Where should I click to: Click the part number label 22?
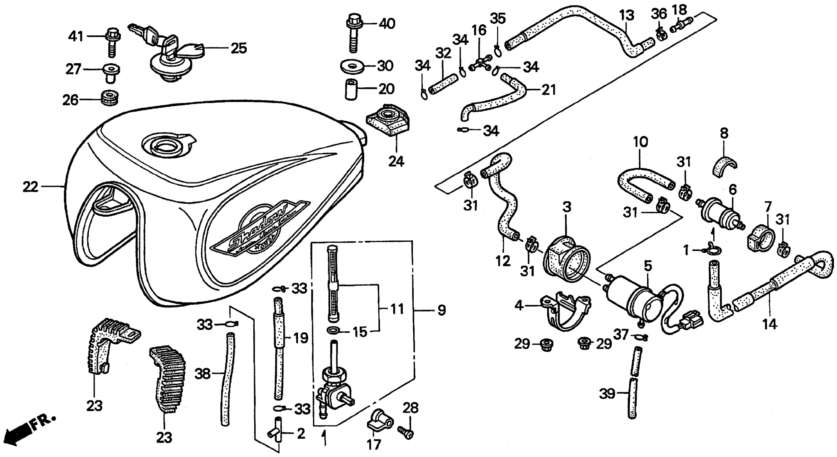click(30, 187)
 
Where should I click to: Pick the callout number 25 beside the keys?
click(239, 48)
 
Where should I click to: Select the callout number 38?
click(203, 374)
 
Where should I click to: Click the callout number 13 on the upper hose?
click(626, 15)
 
